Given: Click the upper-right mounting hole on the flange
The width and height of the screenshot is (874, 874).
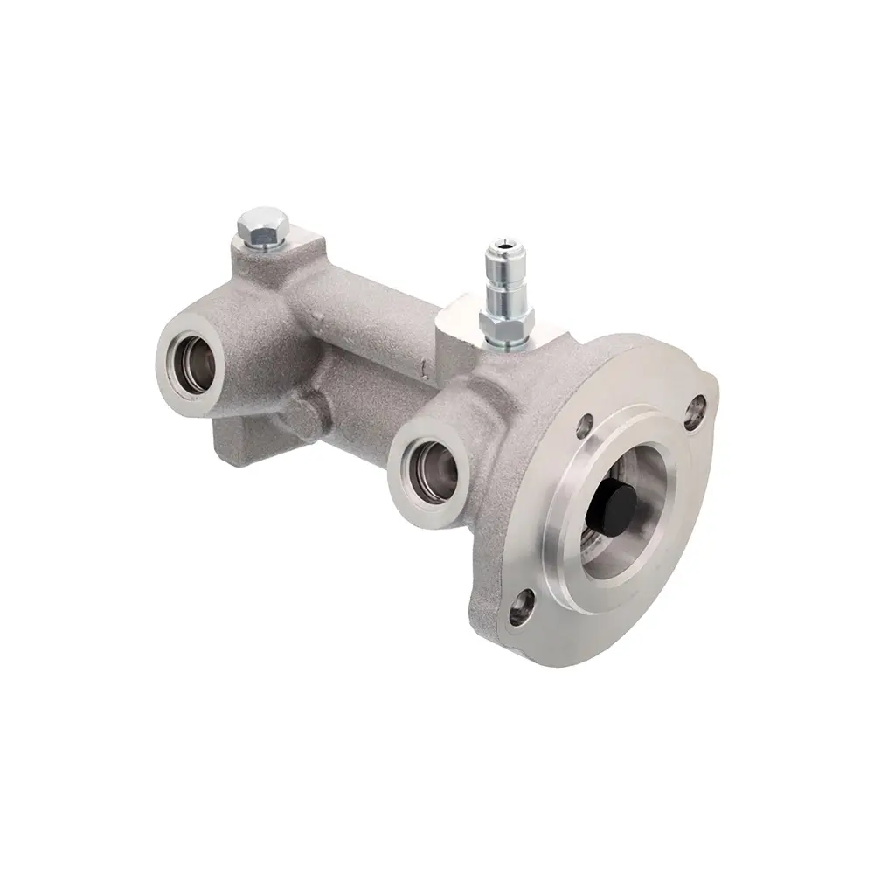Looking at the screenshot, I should pos(697,406).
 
